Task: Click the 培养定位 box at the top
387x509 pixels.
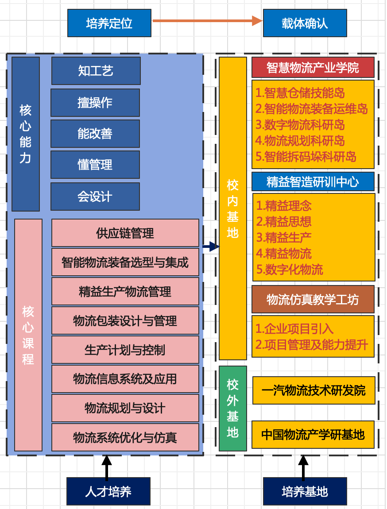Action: pos(109,23)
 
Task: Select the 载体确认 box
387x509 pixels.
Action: pos(305,23)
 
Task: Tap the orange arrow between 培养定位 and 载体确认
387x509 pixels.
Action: pos(208,21)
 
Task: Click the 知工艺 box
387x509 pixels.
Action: pos(96,71)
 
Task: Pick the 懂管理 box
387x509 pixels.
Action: pos(95,165)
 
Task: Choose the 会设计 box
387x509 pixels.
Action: pos(95,197)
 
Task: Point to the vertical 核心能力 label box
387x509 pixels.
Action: pos(26,134)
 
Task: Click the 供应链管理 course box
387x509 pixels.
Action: pos(125,233)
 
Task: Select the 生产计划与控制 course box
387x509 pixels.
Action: pos(125,350)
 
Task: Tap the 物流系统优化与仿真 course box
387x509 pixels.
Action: pos(125,437)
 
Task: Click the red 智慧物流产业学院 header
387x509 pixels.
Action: pos(313,68)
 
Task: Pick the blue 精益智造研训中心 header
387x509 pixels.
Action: pos(313,182)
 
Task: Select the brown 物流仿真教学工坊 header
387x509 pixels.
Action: pos(313,299)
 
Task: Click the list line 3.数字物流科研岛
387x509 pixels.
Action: pos(300,125)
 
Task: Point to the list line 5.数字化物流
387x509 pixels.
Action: pos(290,270)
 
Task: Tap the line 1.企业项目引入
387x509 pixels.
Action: pos(294,328)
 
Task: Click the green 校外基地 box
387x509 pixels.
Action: pos(233,409)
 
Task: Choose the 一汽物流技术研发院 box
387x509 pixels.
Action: pos(313,390)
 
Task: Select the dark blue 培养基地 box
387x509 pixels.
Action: pos(305,491)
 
